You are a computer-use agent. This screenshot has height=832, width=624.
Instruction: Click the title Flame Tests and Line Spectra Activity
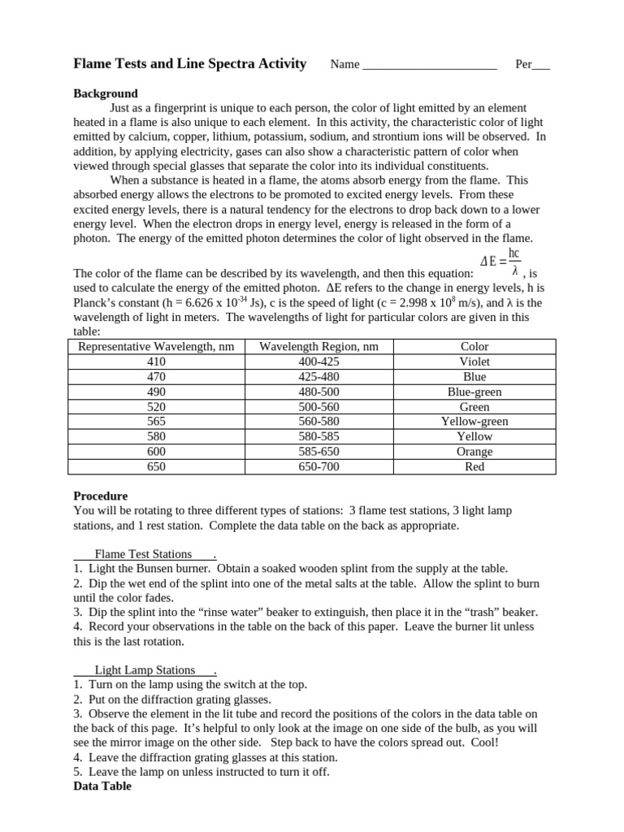click(x=190, y=64)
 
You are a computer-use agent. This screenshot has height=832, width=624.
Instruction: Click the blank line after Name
click(x=429, y=65)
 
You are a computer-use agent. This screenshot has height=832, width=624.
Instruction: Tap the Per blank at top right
click(x=540, y=65)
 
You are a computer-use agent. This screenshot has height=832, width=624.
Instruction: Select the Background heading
click(x=106, y=93)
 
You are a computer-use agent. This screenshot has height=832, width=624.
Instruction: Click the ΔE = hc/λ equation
click(x=500, y=262)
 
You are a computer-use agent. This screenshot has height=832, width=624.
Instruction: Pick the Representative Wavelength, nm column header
click(x=156, y=347)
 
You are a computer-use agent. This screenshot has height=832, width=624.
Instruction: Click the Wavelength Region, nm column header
click(x=318, y=347)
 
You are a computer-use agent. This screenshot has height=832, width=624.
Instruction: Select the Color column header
click(x=474, y=347)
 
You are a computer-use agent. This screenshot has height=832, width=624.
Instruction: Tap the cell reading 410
click(x=156, y=362)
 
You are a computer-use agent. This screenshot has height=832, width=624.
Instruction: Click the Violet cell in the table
click(x=474, y=362)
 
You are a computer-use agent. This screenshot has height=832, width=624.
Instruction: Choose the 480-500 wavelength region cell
click(x=318, y=392)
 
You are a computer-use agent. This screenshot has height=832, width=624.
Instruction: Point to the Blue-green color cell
click(x=474, y=392)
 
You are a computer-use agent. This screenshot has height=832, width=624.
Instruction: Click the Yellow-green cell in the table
click(x=474, y=422)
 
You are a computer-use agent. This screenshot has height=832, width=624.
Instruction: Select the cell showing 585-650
click(x=318, y=452)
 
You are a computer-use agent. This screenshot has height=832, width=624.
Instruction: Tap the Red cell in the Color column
click(x=474, y=466)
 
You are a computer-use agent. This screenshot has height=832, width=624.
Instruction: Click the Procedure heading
click(x=101, y=496)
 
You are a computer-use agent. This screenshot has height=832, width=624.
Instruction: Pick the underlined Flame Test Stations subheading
click(x=144, y=554)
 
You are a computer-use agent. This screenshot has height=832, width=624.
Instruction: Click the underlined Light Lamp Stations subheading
click(x=145, y=670)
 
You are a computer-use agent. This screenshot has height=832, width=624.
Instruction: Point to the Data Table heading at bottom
click(x=102, y=786)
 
